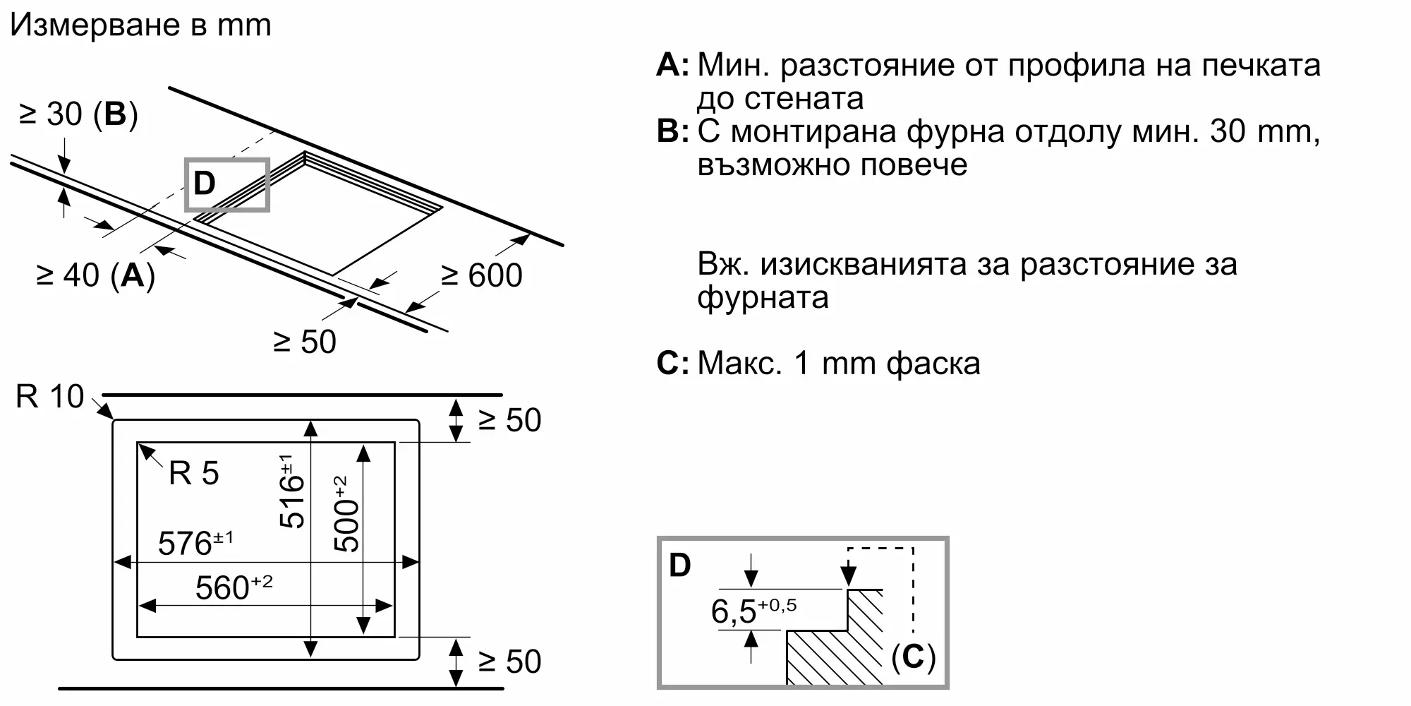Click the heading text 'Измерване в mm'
[140, 25]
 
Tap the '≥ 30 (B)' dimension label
[78, 114]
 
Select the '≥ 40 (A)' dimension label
[95, 275]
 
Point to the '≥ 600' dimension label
[481, 275]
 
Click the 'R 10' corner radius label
[49, 397]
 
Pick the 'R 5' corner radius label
[193, 473]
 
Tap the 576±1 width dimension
[195, 543]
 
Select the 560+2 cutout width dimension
[234, 587]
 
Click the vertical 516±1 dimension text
[291, 491]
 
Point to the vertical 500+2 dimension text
[346, 514]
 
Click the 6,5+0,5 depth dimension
[753, 611]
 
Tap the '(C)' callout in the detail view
[913, 657]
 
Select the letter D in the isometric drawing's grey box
[204, 184]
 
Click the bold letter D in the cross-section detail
[679, 566]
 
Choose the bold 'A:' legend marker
[672, 65]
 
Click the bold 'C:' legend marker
[672, 364]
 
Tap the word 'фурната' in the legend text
[763, 297]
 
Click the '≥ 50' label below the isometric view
[305, 342]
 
